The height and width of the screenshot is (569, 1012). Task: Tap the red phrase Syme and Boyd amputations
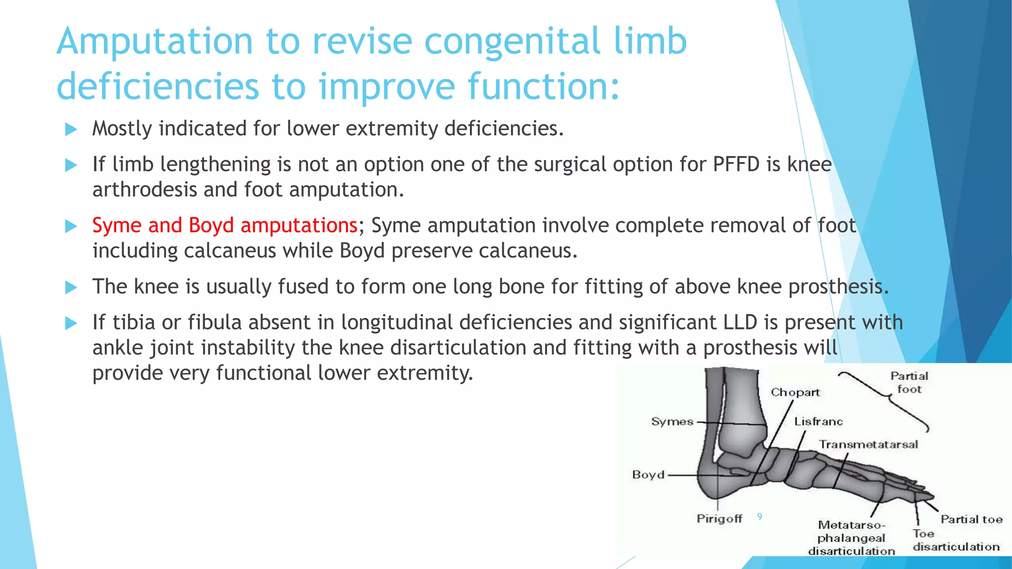[225, 226]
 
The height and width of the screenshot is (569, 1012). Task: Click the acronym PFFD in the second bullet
[736, 164]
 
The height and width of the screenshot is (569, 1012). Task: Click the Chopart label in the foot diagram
[795, 393]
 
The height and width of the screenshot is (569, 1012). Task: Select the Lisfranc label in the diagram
[818, 421]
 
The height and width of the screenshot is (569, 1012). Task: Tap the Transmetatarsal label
[868, 445]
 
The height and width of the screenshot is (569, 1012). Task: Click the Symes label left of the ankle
[672, 422]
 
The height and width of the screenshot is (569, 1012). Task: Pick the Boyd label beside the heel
[648, 475]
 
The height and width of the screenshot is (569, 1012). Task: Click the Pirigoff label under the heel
[719, 519]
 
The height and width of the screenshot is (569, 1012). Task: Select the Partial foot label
[909, 383]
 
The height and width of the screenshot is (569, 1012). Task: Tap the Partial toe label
[971, 519]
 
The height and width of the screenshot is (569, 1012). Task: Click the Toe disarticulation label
[955, 540]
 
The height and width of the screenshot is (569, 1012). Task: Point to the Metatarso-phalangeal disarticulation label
[851, 538]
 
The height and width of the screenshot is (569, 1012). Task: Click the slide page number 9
[759, 517]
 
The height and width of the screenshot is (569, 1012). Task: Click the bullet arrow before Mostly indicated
[71, 129]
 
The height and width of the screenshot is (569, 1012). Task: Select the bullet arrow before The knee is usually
[71, 287]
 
